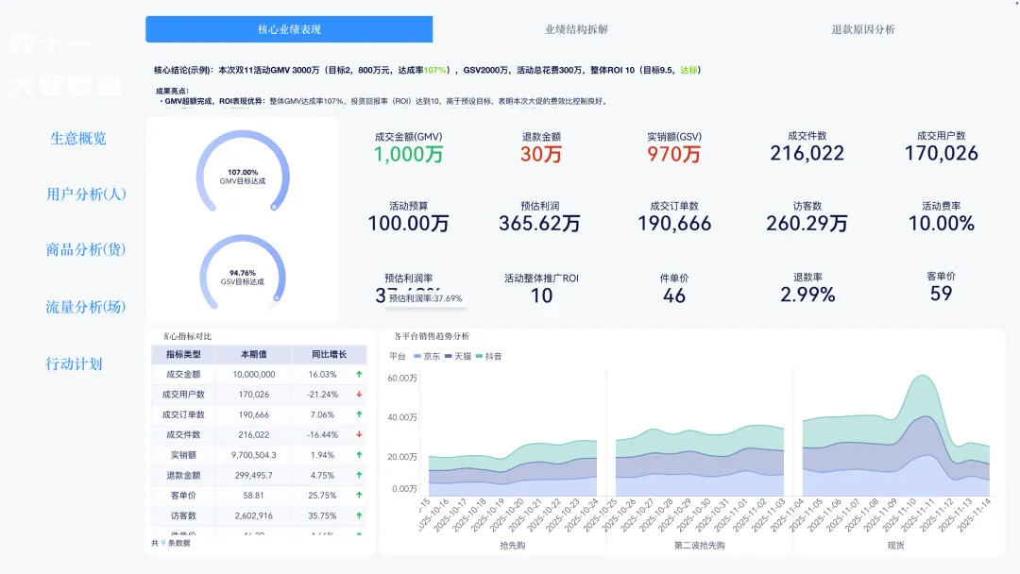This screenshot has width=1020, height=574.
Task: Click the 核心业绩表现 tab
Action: point(289,29)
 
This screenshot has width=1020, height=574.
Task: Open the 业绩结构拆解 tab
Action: point(576,29)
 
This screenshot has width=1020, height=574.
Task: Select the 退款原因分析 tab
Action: point(862,29)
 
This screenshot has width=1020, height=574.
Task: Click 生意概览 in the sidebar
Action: point(78,139)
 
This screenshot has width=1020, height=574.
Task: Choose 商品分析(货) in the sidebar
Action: point(86,250)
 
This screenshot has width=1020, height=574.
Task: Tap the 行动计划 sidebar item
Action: point(75,364)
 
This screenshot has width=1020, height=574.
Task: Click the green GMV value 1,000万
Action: point(408,155)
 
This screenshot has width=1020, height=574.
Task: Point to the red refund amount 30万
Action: point(541,155)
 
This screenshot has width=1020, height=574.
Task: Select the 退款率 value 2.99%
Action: point(807,295)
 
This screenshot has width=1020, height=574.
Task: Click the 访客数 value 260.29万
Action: point(807,224)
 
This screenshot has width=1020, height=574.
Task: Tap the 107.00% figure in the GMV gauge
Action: point(243,172)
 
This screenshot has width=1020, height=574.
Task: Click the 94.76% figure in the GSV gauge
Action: point(243,273)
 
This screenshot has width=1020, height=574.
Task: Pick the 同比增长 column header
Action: point(330,355)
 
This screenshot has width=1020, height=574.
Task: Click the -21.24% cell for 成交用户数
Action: point(323,395)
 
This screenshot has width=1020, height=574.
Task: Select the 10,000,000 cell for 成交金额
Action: point(253,375)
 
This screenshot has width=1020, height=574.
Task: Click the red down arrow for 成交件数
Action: point(359,434)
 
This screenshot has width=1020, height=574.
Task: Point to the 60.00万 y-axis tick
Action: point(401,379)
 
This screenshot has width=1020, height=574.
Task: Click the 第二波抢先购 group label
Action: point(700,545)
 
